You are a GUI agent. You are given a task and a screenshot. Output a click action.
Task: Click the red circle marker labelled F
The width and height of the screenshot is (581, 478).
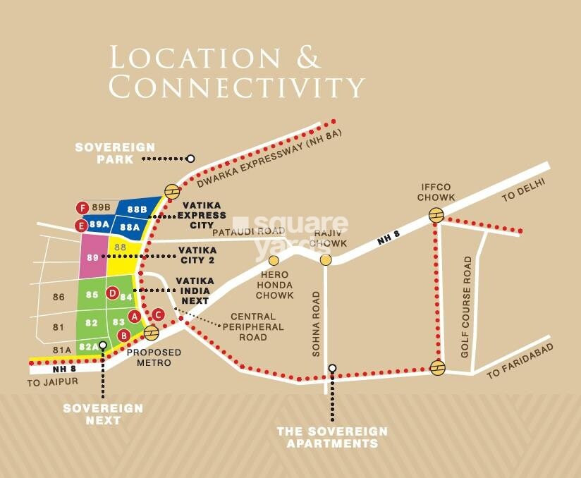[x=83, y=207]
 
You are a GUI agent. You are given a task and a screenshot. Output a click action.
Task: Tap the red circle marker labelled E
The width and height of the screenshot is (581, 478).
[x=82, y=226]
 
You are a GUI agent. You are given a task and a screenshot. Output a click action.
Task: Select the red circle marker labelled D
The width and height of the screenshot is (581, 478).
[x=111, y=293]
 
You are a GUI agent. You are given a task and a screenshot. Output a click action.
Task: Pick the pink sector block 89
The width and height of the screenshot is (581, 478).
[x=92, y=257]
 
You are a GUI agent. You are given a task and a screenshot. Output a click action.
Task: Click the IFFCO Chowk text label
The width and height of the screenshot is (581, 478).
[x=436, y=192]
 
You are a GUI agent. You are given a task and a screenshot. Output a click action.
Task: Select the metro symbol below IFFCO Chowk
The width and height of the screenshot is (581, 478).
[x=437, y=216]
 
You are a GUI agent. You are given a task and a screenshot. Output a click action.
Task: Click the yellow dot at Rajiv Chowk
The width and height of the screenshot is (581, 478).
[x=326, y=260]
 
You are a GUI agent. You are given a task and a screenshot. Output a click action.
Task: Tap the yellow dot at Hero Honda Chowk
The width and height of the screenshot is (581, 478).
[x=274, y=261]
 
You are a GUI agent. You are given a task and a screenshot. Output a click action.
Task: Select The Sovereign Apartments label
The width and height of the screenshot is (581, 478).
[x=331, y=437]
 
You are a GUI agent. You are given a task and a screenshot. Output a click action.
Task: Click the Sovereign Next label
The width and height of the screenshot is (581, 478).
[x=103, y=414]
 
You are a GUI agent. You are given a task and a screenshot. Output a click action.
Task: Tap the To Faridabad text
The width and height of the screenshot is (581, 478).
[x=520, y=361]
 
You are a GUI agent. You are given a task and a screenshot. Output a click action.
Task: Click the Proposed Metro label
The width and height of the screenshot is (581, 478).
[x=154, y=357]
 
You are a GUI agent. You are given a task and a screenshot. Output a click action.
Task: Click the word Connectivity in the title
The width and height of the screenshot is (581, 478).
[x=236, y=86]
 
